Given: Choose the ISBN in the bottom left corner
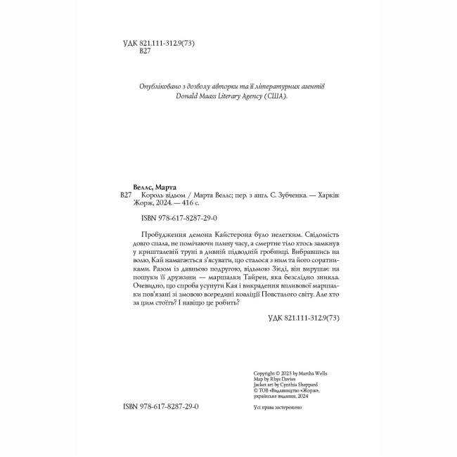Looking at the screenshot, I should point(158,426).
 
